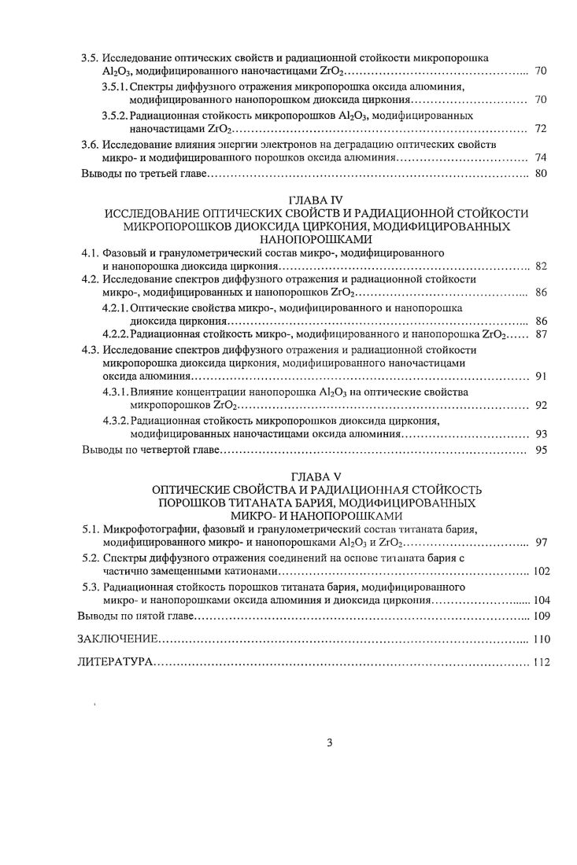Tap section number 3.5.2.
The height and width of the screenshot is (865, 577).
115,116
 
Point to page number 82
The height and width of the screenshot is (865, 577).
541,267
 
